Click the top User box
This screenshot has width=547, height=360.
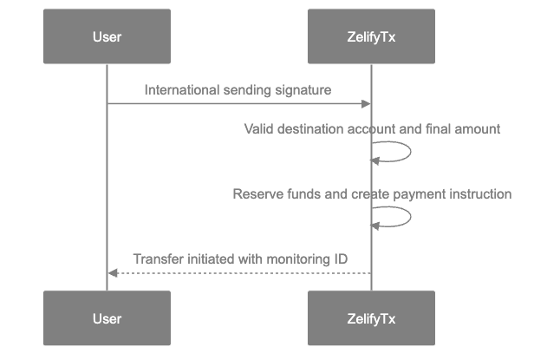point(107,36)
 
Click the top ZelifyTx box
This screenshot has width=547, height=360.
point(371,36)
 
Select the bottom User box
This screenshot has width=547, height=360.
point(107,318)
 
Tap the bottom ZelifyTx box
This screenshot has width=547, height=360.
point(371,318)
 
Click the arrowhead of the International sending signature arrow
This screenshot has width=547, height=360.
point(366,104)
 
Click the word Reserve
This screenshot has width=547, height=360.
point(254,193)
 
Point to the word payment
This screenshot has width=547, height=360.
point(420,193)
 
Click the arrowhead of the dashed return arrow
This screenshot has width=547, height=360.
point(112,273)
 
